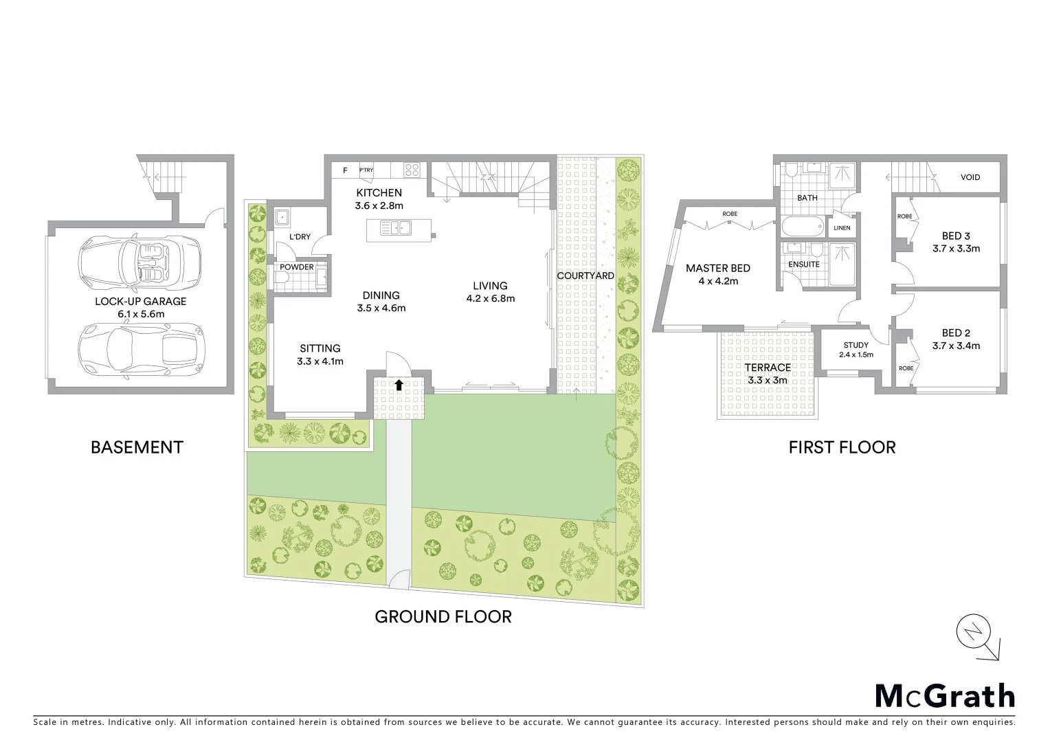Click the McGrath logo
tap(944, 695)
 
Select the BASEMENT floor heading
tap(137, 447)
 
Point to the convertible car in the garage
tap(140, 263)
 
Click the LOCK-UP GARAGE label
tap(140, 302)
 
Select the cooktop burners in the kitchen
tap(412, 169)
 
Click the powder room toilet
tap(283, 278)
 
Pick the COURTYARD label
tap(585, 276)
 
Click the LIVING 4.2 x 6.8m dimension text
tap(490, 298)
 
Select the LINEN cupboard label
tap(842, 228)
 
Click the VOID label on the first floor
tap(970, 177)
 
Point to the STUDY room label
tap(856, 346)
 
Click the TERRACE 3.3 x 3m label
tap(768, 374)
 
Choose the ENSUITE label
tap(804, 264)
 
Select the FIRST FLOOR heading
tap(842, 448)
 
